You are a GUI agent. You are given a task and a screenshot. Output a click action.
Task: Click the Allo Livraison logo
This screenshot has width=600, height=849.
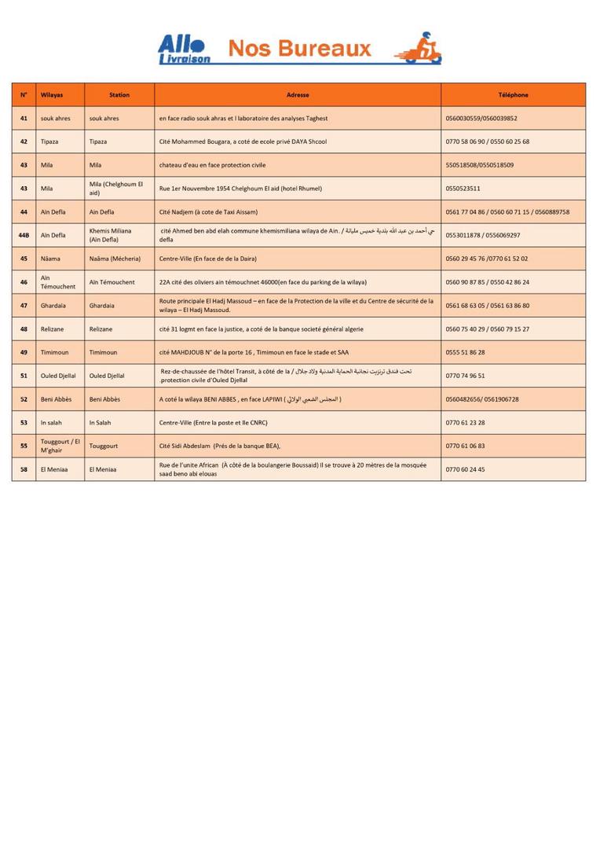(x=184, y=49)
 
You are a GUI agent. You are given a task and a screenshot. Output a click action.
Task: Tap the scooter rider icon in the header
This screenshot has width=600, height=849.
(x=423, y=49)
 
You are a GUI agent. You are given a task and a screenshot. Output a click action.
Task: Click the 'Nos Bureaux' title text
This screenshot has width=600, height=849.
(x=299, y=50)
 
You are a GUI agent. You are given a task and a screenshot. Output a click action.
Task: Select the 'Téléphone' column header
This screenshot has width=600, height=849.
(x=513, y=95)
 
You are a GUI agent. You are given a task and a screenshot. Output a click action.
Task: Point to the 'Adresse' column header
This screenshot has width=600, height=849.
(x=298, y=95)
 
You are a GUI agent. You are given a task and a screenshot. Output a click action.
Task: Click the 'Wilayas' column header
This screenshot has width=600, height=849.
(x=52, y=95)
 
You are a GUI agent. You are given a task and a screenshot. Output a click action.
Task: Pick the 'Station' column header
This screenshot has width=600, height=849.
(x=119, y=95)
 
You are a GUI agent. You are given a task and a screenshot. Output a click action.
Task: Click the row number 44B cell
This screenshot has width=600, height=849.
(x=24, y=235)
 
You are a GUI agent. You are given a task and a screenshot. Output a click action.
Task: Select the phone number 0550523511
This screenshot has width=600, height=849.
(x=463, y=189)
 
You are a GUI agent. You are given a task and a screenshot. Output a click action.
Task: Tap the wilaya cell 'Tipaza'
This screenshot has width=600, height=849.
(x=49, y=141)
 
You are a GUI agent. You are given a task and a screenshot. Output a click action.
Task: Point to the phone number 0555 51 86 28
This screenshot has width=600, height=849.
(x=465, y=352)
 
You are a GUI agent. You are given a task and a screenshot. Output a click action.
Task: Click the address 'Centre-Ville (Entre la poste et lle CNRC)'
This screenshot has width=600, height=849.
(x=213, y=423)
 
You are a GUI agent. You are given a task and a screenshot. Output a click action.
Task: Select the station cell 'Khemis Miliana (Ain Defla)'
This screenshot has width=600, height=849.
(x=111, y=235)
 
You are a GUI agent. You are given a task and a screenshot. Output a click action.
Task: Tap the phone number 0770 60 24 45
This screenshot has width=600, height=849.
(x=465, y=469)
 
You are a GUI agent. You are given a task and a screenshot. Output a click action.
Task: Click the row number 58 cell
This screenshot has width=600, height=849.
(x=24, y=469)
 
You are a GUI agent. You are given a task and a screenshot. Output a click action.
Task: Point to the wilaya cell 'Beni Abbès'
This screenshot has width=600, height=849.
(x=56, y=399)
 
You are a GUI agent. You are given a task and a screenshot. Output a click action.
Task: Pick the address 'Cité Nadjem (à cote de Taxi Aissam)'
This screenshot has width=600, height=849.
(x=208, y=212)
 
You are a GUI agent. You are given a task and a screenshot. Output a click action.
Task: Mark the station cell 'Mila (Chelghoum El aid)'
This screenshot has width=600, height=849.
(x=116, y=189)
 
